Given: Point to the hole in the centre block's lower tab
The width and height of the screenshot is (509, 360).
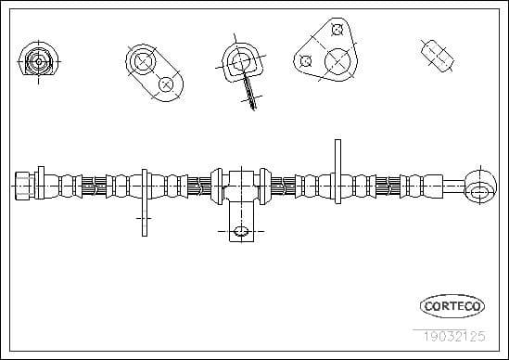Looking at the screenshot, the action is point(240,230).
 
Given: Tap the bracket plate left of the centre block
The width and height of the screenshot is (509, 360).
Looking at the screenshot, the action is point(145,199).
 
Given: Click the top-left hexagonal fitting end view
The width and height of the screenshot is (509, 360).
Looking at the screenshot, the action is point(37,61).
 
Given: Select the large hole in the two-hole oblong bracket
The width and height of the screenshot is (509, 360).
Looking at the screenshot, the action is point(144,62).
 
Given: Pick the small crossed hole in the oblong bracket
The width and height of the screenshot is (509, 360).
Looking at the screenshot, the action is point(166,84).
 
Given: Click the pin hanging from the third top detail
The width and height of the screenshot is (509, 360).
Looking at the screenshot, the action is point(248,91).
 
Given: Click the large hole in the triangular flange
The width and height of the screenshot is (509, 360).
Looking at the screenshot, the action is point(337,61).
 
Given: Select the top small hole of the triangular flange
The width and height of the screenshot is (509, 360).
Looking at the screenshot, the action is point(337,30).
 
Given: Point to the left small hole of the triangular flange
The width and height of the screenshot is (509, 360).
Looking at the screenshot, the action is point(305,61).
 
